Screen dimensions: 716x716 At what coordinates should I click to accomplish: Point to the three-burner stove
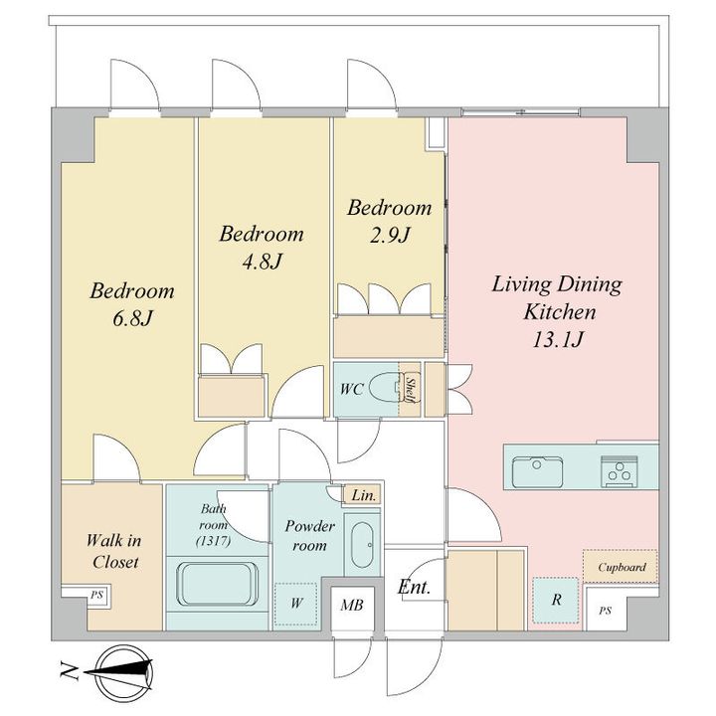[619, 471]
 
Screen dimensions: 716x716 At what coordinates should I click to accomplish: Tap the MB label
[352, 606]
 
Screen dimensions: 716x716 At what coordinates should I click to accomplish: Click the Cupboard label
[622, 567]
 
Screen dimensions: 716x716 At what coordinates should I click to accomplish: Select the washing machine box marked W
[295, 604]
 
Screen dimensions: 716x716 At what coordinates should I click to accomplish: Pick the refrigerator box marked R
[556, 600]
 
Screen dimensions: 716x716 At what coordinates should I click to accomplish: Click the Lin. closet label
[364, 495]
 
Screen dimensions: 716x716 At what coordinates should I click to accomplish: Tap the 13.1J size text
[557, 340]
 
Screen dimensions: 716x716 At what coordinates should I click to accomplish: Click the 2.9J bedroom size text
[390, 236]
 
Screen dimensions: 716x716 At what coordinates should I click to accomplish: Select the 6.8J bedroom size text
[132, 319]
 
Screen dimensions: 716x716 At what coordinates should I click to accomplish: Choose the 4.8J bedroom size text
[262, 262]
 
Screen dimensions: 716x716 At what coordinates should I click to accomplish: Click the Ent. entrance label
[414, 587]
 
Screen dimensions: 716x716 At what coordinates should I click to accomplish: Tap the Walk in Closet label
[114, 551]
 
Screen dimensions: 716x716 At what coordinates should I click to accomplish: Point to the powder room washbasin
[363, 544]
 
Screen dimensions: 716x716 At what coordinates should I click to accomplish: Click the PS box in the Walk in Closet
[95, 596]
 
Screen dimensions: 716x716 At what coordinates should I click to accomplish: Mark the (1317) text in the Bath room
[213, 542]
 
